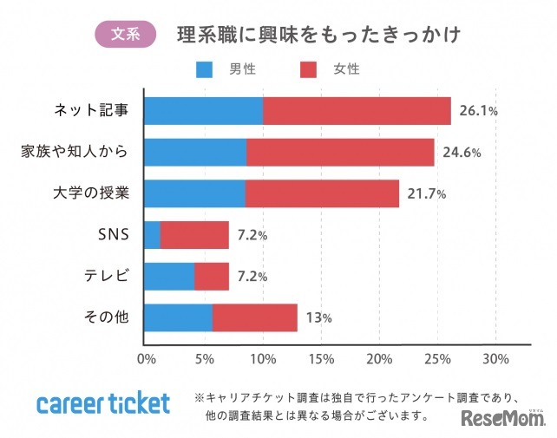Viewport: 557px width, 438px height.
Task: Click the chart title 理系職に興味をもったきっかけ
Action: pos(318,35)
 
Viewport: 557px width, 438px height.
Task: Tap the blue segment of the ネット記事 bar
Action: pos(203,111)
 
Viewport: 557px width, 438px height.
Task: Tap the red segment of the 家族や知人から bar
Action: pos(340,152)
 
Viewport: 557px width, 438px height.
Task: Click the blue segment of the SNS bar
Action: pos(152,234)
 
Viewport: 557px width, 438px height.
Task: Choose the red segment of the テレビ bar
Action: pos(212,276)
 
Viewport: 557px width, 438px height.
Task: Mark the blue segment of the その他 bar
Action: pos(178,317)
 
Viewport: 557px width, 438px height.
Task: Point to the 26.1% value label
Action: pos(478,111)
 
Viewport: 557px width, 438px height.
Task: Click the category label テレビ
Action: pos(108,276)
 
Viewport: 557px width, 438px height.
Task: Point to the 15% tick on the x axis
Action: pos(321,358)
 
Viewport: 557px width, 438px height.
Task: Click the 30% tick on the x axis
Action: pos(495,358)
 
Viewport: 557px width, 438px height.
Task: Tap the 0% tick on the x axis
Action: pos(146,358)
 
